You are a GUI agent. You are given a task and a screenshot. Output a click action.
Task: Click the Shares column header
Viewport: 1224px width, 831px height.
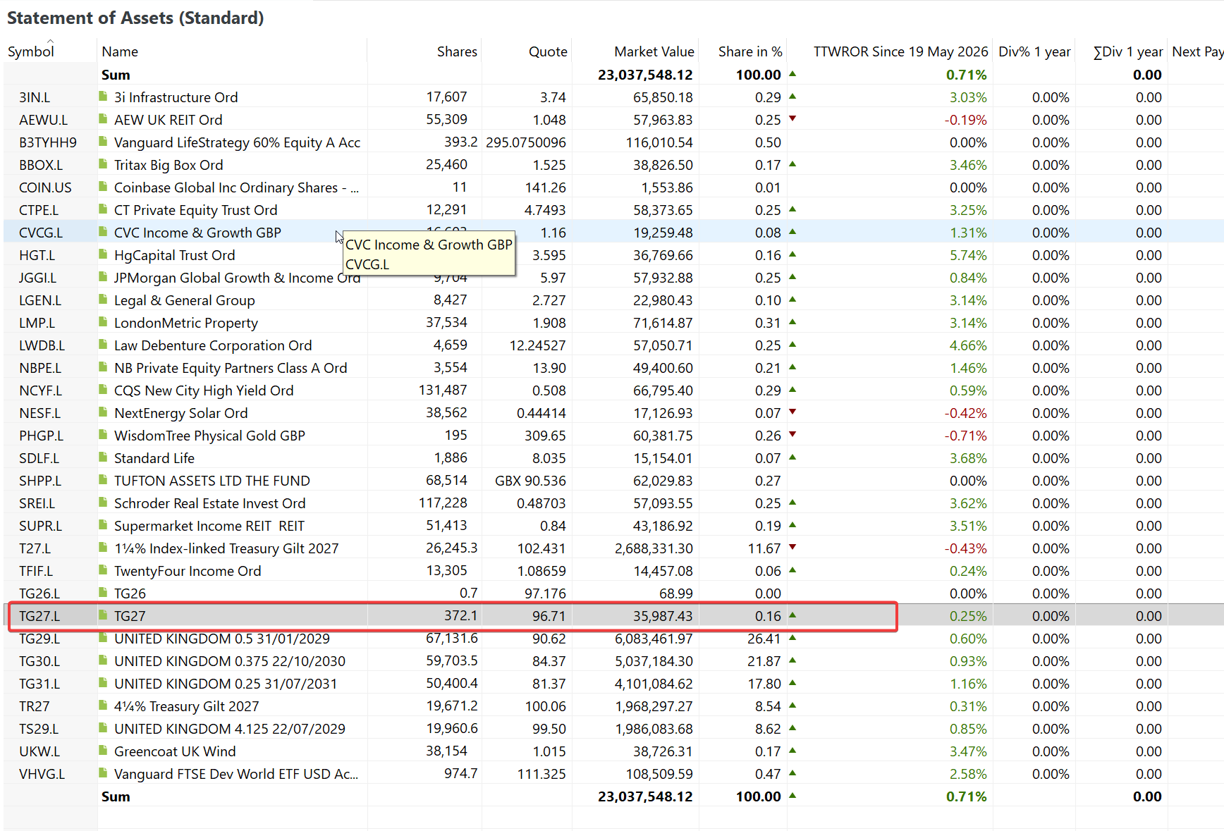457,51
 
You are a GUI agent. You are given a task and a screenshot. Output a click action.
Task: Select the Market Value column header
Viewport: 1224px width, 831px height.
654,51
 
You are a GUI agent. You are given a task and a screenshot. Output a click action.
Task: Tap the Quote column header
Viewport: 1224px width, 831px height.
548,51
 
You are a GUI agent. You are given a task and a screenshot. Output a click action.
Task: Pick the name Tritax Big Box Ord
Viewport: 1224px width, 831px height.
169,165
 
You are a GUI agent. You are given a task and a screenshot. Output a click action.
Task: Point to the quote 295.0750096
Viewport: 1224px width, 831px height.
525,142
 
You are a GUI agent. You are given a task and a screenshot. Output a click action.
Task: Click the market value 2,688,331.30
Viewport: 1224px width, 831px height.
654,548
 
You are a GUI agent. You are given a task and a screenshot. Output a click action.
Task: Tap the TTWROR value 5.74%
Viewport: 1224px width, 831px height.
968,255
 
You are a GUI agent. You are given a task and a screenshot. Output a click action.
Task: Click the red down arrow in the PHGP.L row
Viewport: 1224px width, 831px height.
792,434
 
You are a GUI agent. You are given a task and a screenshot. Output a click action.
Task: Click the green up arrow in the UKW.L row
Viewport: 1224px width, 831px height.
792,751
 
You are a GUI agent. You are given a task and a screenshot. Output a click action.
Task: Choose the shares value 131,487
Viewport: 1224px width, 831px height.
443,390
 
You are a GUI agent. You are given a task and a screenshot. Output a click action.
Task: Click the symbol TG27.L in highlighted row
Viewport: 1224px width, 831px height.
39,616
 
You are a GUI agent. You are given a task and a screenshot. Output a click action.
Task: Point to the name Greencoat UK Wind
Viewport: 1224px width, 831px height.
175,751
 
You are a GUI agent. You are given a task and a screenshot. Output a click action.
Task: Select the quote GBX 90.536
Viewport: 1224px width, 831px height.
530,481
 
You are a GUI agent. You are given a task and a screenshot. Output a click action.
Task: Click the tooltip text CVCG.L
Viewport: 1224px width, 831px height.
367,264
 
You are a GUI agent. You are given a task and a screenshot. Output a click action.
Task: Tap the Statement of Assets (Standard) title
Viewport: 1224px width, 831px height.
135,18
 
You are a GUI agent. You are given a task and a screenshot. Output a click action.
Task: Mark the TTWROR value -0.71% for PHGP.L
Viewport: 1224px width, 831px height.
966,436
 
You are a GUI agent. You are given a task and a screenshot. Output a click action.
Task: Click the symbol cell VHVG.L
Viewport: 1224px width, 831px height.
42,774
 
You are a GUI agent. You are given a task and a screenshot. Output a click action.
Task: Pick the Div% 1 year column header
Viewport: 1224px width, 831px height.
1034,51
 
